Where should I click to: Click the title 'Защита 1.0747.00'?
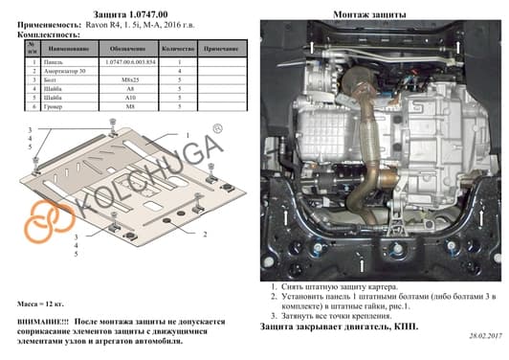[126, 14]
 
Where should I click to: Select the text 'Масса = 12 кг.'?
[44, 302]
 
